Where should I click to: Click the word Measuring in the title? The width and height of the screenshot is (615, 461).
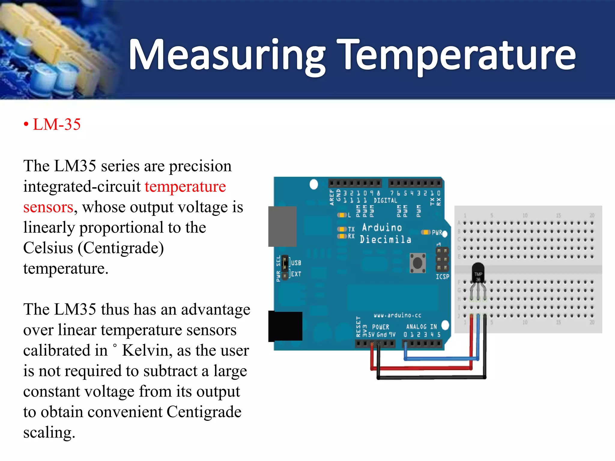pyautogui.click(x=227, y=56)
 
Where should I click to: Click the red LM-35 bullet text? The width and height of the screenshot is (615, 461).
pyautogui.click(x=56, y=125)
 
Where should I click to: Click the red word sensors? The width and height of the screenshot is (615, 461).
pyautogui.click(x=48, y=207)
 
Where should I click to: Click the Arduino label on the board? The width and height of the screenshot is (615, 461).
pyautogui.click(x=382, y=227)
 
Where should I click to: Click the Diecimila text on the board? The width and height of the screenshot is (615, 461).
pyautogui.click(x=385, y=240)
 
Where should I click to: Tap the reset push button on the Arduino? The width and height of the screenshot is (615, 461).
pyautogui.click(x=417, y=263)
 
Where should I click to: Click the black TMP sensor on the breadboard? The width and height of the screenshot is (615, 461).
pyautogui.click(x=478, y=272)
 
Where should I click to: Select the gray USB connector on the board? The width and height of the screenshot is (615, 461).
pyautogui.click(x=282, y=226)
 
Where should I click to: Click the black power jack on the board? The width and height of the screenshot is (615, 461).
pyautogui.click(x=285, y=326)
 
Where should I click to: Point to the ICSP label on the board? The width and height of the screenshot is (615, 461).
pyautogui.click(x=442, y=277)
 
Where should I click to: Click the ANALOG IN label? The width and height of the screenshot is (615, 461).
pyautogui.click(x=421, y=327)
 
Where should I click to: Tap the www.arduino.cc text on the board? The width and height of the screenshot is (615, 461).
pyautogui.click(x=397, y=315)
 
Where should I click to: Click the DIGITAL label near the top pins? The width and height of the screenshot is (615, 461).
pyautogui.click(x=385, y=200)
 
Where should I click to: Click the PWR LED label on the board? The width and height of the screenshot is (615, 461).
pyautogui.click(x=437, y=233)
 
